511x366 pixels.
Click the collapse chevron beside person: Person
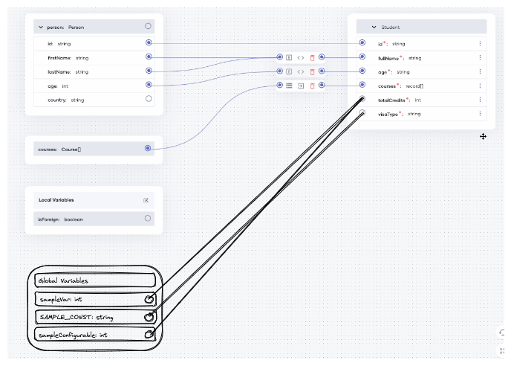click(x=40, y=26)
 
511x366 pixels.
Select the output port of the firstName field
click(x=149, y=57)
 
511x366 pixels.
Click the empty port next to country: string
click(x=149, y=99)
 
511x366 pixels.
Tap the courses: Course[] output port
click(x=149, y=149)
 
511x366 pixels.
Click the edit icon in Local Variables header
click(x=146, y=200)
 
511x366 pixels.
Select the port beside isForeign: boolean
click(x=149, y=219)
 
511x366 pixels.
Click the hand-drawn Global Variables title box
click(x=95, y=280)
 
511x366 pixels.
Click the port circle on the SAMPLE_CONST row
click(x=149, y=317)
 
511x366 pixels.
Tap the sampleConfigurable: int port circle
click(x=149, y=335)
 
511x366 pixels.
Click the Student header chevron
click(x=374, y=27)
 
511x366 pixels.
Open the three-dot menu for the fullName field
click(x=480, y=58)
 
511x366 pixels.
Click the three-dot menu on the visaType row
click(x=480, y=114)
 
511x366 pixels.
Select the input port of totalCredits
click(x=362, y=100)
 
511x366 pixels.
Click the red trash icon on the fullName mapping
click(x=312, y=57)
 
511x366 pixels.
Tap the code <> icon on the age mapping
click(x=301, y=71)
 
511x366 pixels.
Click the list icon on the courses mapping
click(x=289, y=86)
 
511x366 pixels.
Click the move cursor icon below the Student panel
click(x=483, y=136)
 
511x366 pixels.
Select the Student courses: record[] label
click(x=400, y=86)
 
